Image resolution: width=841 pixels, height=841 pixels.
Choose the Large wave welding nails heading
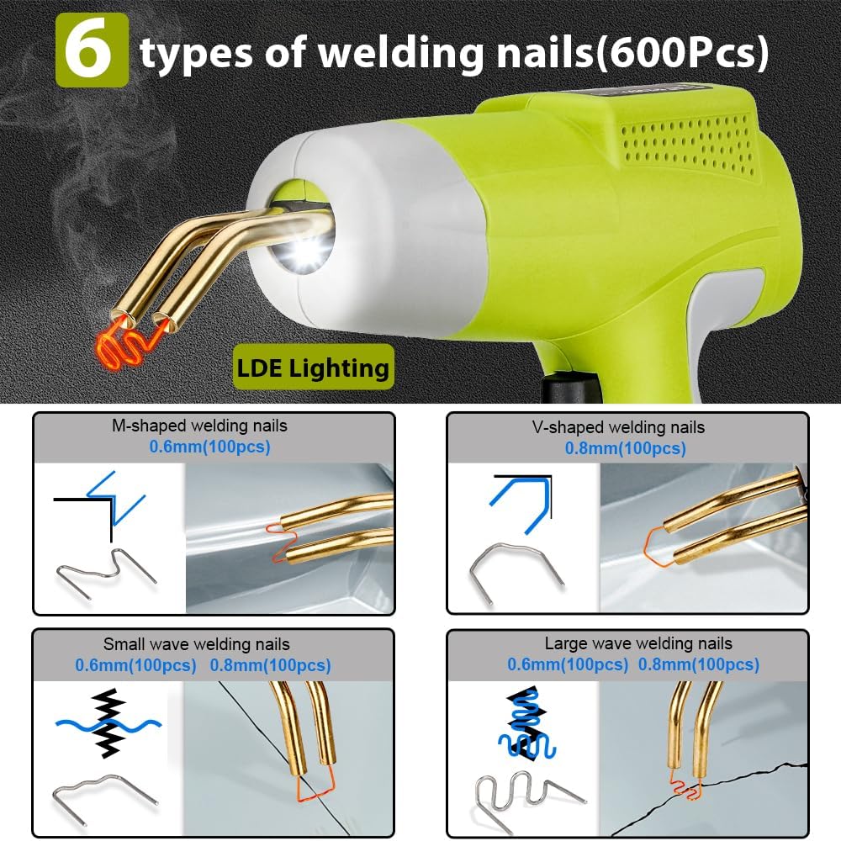click(x=638, y=643)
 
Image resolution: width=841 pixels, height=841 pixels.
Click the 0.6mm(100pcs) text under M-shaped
click(x=210, y=447)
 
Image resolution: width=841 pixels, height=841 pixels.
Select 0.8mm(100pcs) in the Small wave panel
click(x=270, y=665)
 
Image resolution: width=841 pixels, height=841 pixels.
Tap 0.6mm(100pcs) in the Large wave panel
click(x=568, y=664)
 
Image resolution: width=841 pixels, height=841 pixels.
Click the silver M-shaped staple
click(x=108, y=573)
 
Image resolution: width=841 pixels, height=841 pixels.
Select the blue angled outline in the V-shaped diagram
click(x=521, y=500)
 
